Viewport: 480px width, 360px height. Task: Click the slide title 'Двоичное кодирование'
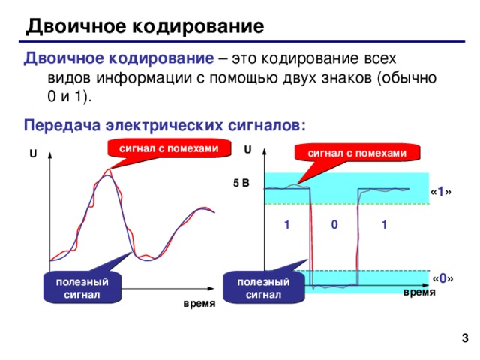[145, 28]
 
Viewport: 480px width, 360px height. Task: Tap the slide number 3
[465, 340]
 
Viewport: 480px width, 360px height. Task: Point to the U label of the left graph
[33, 154]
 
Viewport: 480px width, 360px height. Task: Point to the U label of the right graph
[248, 149]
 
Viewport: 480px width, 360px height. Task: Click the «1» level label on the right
[441, 193]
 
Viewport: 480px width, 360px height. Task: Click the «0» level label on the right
[442, 279]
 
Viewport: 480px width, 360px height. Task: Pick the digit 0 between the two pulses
[334, 224]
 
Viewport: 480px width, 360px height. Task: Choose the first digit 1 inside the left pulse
[287, 224]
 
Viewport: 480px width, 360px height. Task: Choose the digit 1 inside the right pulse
[383, 224]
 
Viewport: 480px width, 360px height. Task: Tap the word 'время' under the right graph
[418, 292]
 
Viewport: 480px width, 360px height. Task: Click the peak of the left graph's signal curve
[108, 175]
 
